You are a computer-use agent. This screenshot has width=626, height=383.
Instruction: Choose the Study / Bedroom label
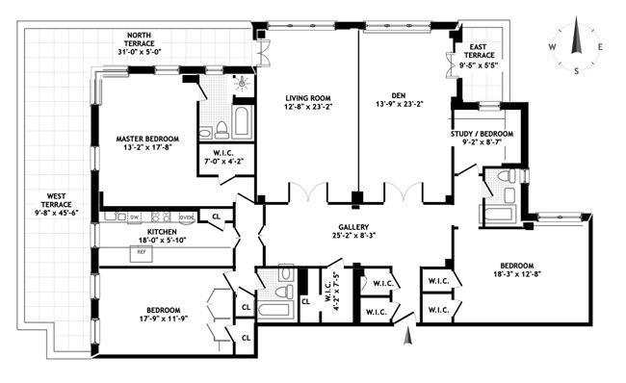pos(483,134)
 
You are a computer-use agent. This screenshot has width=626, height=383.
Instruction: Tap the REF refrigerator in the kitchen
pos(141,252)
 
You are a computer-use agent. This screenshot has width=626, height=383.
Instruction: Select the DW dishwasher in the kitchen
pos(135,216)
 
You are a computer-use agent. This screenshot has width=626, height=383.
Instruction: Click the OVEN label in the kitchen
pos(186,216)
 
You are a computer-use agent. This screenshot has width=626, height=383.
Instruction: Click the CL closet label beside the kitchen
pos(216,217)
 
